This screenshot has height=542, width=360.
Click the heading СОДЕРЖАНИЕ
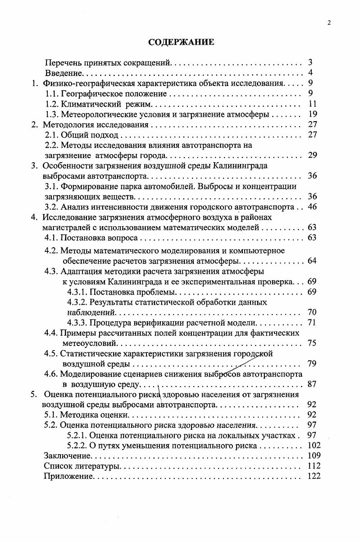181,42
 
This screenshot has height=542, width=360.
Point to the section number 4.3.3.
77,323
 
